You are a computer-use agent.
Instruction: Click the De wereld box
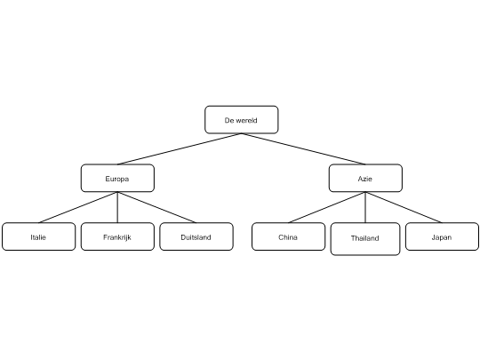point(242,120)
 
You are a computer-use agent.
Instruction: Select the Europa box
point(117,178)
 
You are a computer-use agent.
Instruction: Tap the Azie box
point(365,178)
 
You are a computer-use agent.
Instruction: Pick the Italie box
point(38,236)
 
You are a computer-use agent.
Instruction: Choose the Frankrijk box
point(117,236)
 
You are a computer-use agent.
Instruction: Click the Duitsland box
point(196,236)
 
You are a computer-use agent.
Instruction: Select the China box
point(288,236)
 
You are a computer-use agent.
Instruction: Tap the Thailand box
point(365,239)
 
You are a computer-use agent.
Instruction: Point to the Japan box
point(442,236)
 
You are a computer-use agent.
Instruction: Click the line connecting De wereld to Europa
point(180,149)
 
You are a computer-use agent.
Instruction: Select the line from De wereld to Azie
point(303,149)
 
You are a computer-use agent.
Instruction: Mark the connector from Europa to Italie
point(78,207)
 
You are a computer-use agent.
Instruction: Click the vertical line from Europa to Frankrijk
point(117,207)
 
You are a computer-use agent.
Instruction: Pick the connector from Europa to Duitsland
point(157,207)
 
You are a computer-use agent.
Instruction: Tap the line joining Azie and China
point(327,207)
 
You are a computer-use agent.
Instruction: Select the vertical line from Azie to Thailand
point(365,207)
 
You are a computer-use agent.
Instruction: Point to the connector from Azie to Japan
point(404,207)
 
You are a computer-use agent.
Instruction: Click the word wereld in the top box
point(246,120)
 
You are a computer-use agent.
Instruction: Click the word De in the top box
point(229,120)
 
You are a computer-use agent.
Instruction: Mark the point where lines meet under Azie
point(365,192)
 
